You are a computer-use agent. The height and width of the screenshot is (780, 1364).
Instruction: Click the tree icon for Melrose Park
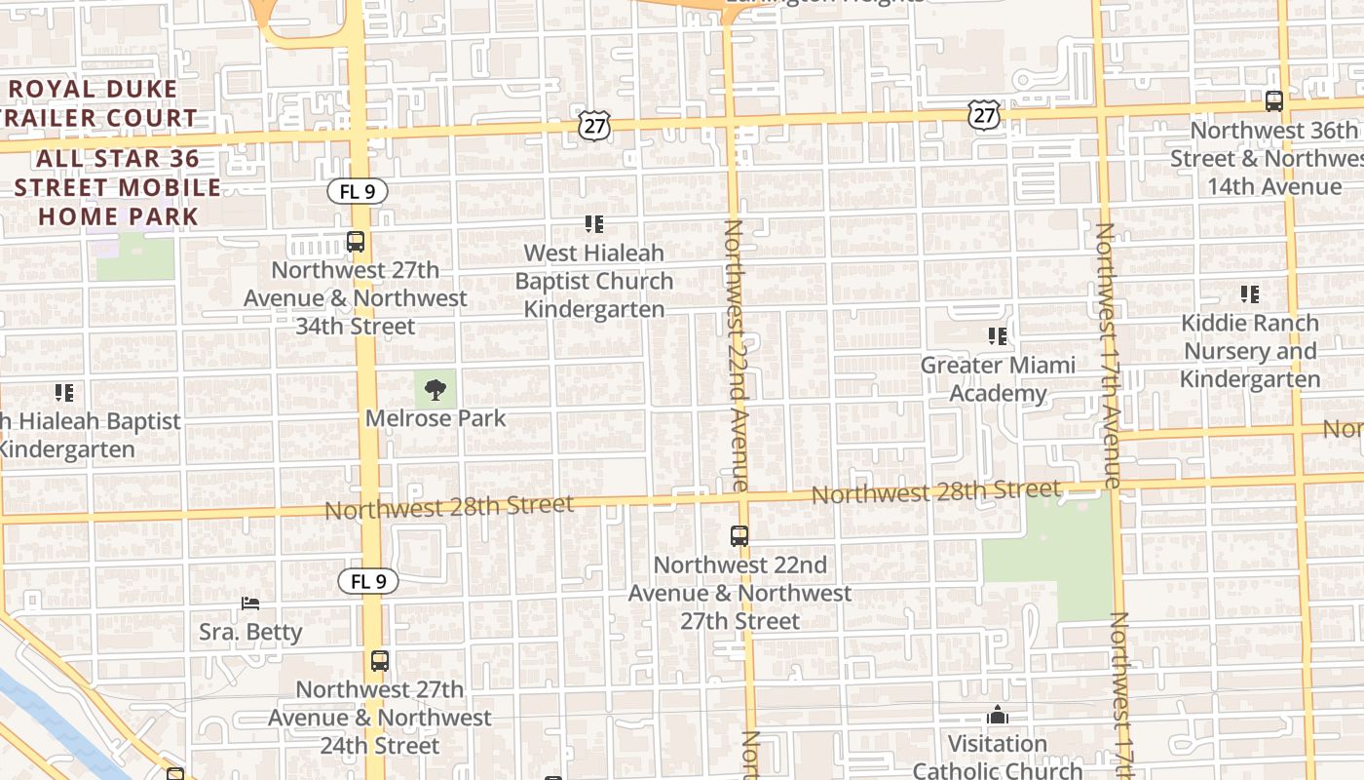436,390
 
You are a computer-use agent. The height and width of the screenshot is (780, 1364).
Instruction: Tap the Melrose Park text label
436,418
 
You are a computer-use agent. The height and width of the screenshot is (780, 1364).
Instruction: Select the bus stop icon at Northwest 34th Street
356,242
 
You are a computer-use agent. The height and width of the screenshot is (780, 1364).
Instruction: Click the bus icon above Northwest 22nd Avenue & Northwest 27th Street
739,535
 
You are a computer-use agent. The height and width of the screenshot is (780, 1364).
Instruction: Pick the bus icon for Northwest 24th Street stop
380,661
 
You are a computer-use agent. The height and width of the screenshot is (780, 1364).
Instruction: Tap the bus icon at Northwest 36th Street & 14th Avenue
1273,100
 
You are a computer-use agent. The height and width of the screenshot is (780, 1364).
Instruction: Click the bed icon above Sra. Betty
250,604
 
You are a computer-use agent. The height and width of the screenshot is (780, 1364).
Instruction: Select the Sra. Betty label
250,632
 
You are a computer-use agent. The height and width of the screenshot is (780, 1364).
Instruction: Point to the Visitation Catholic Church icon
997,716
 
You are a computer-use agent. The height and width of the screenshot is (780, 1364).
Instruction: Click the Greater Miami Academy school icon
998,336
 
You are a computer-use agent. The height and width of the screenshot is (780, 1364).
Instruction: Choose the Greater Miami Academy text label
998,379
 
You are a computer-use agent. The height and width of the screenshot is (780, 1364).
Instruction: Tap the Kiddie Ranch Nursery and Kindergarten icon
1250,293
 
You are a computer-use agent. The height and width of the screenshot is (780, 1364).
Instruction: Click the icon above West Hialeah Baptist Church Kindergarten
594,224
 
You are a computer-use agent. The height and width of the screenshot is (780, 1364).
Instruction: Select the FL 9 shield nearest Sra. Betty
368,582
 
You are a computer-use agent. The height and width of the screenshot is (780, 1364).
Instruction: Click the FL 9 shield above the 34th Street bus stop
357,192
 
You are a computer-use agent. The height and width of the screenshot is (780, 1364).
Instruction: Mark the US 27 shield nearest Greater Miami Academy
984,115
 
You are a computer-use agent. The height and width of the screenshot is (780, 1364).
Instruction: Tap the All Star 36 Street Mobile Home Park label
118,187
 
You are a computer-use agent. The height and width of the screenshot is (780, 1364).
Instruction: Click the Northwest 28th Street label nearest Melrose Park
449,506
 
